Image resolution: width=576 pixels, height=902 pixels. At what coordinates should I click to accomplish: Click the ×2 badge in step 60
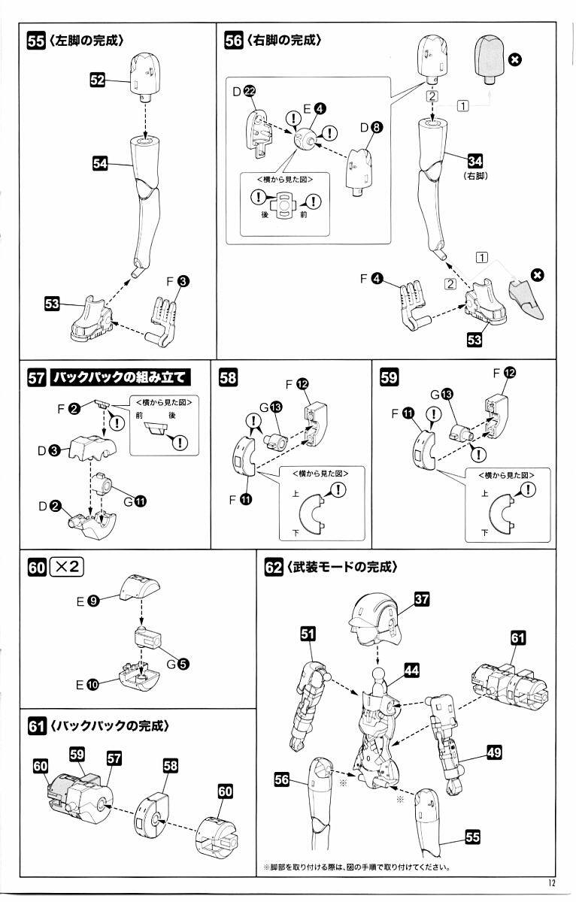pyautogui.click(x=67, y=567)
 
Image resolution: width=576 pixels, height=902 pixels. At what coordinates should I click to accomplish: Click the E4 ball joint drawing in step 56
pyautogui.click(x=306, y=138)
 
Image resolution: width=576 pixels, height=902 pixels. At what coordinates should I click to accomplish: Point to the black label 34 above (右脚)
pyautogui.click(x=474, y=160)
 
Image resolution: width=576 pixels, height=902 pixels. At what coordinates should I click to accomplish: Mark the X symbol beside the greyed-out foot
pyautogui.click(x=537, y=275)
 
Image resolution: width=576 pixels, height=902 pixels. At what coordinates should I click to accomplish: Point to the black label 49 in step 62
pyautogui.click(x=495, y=752)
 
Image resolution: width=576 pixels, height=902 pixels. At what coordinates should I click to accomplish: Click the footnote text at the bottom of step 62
pyautogui.click(x=356, y=866)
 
